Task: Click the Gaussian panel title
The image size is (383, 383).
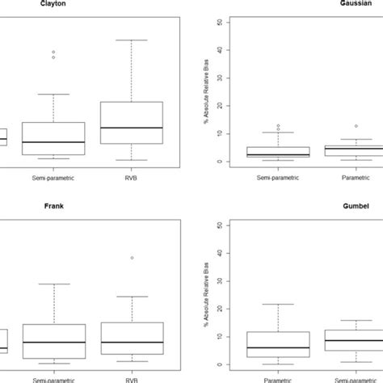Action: tap(357, 3)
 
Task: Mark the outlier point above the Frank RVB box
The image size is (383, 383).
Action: tap(131, 258)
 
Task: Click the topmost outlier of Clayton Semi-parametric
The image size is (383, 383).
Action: tap(53, 53)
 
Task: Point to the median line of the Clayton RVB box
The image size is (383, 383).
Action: tap(131, 128)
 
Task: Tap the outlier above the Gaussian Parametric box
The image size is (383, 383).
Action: tap(356, 126)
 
